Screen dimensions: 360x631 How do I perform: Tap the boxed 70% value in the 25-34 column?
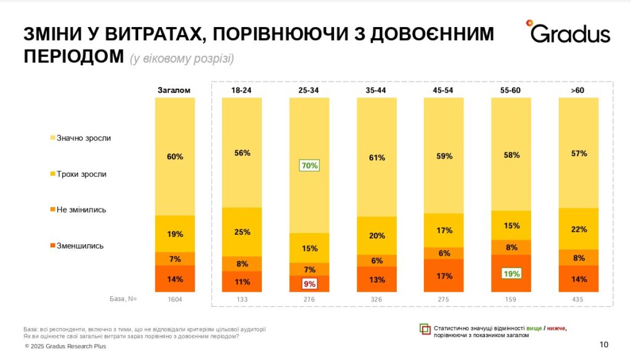309,165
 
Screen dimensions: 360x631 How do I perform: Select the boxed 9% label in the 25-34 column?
309,284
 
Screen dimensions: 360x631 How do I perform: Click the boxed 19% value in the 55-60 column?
511,273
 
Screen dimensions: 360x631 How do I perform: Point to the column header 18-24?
242,90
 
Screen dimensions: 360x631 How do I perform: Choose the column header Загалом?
174,90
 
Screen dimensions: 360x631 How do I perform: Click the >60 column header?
577,90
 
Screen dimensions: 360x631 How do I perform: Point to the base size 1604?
174,299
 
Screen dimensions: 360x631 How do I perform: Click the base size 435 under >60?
578,299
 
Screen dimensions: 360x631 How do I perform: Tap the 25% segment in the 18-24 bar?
242,232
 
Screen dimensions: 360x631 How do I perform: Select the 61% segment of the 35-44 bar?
377,157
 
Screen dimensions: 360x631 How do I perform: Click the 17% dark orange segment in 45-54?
444,276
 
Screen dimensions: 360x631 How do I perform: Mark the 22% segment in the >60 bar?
578,229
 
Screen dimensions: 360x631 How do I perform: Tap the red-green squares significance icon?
425,329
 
